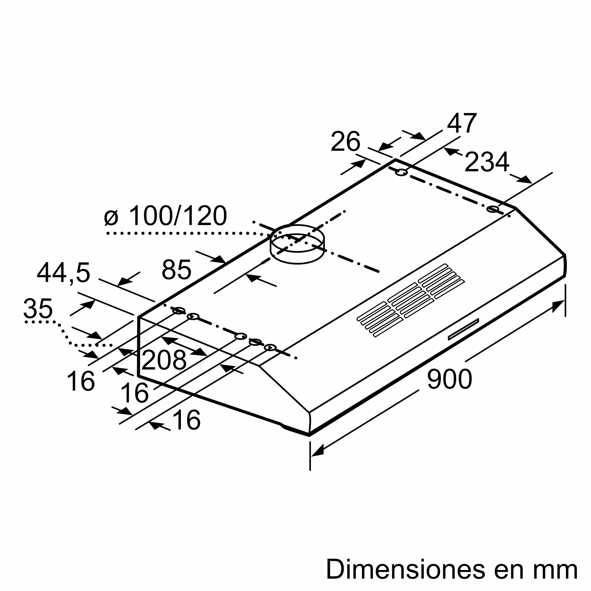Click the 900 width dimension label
pos(449,380)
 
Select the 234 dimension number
pos(487,163)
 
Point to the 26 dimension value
pos(345,142)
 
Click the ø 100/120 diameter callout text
pos(165,216)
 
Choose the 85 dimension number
pos(176,270)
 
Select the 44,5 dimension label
pos(63,273)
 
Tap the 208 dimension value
pos(164,360)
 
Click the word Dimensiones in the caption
pos(406,570)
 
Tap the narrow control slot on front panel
pos(463,329)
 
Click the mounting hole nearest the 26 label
pos(401,173)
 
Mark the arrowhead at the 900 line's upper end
pos(558,306)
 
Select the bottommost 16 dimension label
pos(186,420)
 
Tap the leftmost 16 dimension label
pos(80,381)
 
